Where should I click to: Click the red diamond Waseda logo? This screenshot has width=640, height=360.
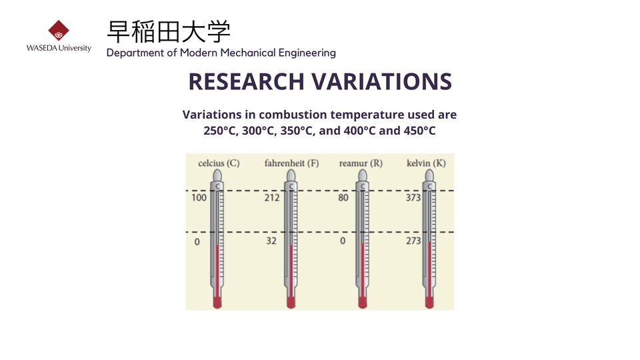pos(59,30)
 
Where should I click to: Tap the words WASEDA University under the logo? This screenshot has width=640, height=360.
pos(59,48)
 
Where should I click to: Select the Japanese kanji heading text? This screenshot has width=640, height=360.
pos(169,31)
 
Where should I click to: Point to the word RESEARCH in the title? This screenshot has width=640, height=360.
pos(246,81)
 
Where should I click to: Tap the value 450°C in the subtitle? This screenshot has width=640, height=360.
pos(419,131)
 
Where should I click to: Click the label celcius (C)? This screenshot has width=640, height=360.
pos(219,163)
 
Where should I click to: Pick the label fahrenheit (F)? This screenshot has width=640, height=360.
pos(291,163)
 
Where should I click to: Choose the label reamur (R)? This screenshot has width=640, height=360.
pos(361,163)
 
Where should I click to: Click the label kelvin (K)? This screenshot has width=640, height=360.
pos(426,163)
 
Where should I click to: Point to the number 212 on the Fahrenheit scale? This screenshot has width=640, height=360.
pos(272,197)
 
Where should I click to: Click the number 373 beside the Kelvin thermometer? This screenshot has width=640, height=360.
pos(413,197)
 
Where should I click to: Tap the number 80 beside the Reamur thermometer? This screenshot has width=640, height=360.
pos(343,197)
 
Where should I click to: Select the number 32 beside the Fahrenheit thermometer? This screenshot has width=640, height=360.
pos(271,241)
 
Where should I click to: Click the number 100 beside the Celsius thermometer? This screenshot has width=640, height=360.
pos(199,197)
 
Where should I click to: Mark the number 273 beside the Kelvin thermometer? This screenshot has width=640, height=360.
pos(413,241)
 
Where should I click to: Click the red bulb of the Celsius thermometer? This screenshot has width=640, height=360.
pos(217,303)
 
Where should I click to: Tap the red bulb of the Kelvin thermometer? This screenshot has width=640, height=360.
pos(429,303)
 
